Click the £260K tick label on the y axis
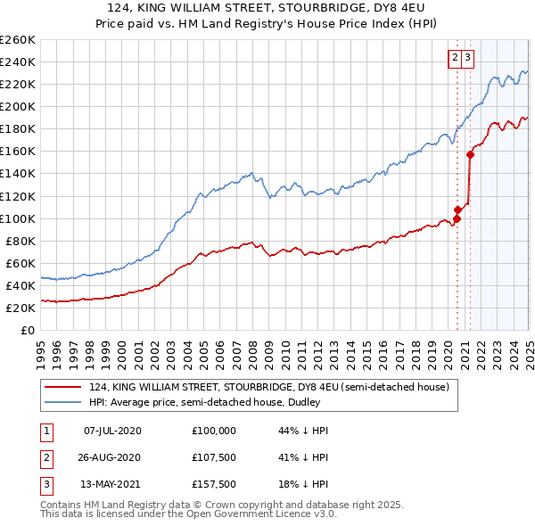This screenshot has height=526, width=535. tap(17, 40)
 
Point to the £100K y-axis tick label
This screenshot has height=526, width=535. tap(17, 218)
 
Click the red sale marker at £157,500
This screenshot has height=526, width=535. tap(470, 154)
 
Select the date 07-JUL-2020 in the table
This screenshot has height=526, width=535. tap(111, 431)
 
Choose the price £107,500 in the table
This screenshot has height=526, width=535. tap(214, 457)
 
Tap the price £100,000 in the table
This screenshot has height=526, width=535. tap(214, 431)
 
